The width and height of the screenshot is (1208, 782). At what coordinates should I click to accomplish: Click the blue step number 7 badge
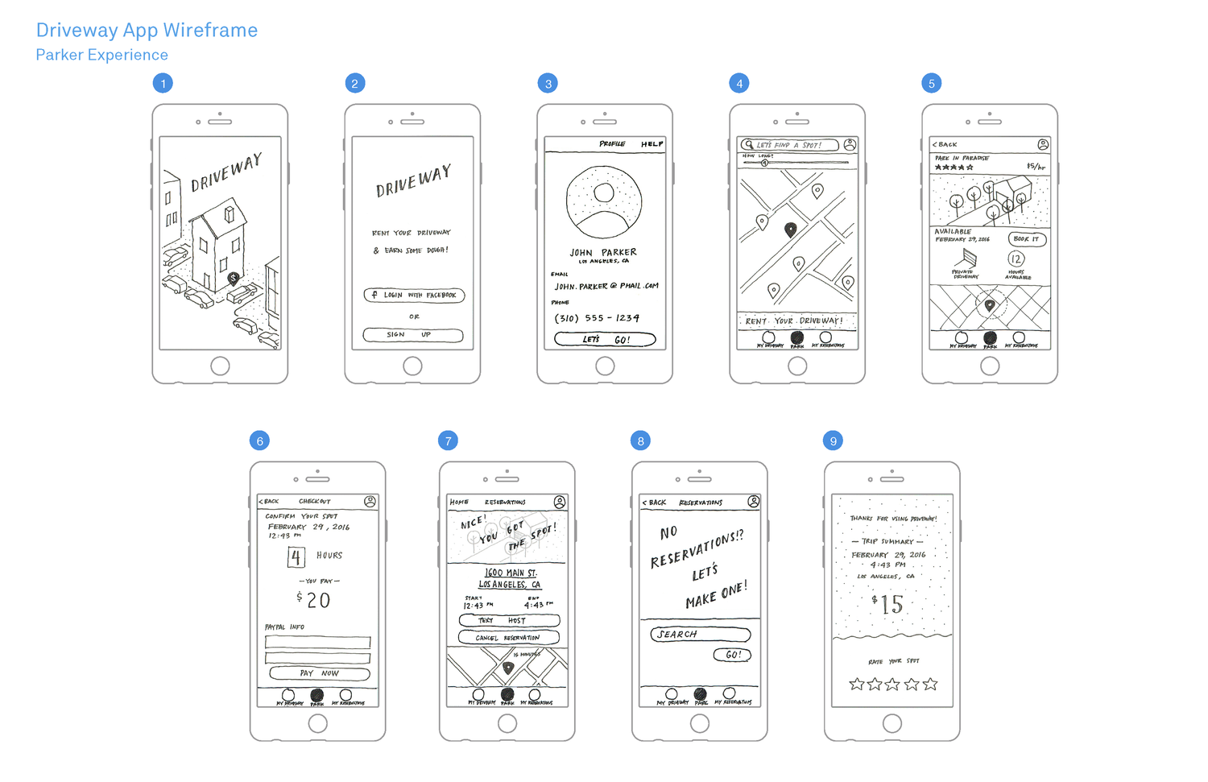tap(449, 441)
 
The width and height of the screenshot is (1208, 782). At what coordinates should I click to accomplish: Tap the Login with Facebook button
tap(414, 296)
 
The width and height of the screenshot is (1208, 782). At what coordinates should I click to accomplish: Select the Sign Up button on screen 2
tap(413, 335)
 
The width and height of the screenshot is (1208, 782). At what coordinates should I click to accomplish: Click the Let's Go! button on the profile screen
tap(605, 340)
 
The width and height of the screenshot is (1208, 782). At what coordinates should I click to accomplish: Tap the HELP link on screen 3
tap(652, 144)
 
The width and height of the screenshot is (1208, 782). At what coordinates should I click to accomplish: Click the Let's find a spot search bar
tap(789, 145)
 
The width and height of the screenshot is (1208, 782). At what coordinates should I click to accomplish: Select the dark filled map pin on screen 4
tap(791, 230)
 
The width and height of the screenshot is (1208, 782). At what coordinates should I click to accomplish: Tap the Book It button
tap(1027, 239)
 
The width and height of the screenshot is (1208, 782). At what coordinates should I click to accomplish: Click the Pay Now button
tap(319, 673)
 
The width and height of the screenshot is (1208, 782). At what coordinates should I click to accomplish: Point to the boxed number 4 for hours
tap(296, 557)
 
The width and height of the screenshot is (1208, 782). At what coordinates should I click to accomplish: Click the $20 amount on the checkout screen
tap(314, 600)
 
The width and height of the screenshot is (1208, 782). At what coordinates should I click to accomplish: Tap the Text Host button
tap(509, 621)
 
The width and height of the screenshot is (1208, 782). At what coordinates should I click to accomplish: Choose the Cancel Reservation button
tap(508, 638)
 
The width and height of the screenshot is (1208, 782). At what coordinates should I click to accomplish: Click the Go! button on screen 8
tap(732, 655)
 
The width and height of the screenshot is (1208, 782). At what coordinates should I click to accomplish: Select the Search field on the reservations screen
tap(700, 635)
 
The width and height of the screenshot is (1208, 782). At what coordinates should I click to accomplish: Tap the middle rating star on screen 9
tap(892, 685)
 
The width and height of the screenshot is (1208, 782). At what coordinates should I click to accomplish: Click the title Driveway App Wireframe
tap(147, 31)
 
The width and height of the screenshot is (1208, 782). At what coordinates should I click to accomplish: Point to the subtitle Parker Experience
tap(102, 55)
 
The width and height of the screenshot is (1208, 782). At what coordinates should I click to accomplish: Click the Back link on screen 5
tap(945, 145)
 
